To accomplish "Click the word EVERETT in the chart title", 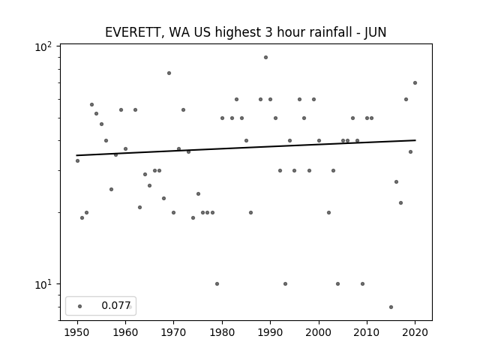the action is coord(133,32).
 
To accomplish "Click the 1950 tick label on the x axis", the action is coord(77,332).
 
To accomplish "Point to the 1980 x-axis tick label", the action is coord(222,332).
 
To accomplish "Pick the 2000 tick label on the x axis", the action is coord(319,332).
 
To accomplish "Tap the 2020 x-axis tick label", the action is coord(415,332).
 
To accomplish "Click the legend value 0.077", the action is coord(116,305).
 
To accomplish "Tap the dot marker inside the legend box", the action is coord(80,306).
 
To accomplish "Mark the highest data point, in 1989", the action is coord(265,57).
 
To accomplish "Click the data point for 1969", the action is coord(169,73).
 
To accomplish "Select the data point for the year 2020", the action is coord(415,82).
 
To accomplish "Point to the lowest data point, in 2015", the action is coord(391,307).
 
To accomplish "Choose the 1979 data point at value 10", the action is coord(217,283).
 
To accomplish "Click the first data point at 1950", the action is coord(77,160).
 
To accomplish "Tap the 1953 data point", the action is coord(91,105).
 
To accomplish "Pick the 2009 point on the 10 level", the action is coord(362,283).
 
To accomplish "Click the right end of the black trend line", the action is coord(415,140).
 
